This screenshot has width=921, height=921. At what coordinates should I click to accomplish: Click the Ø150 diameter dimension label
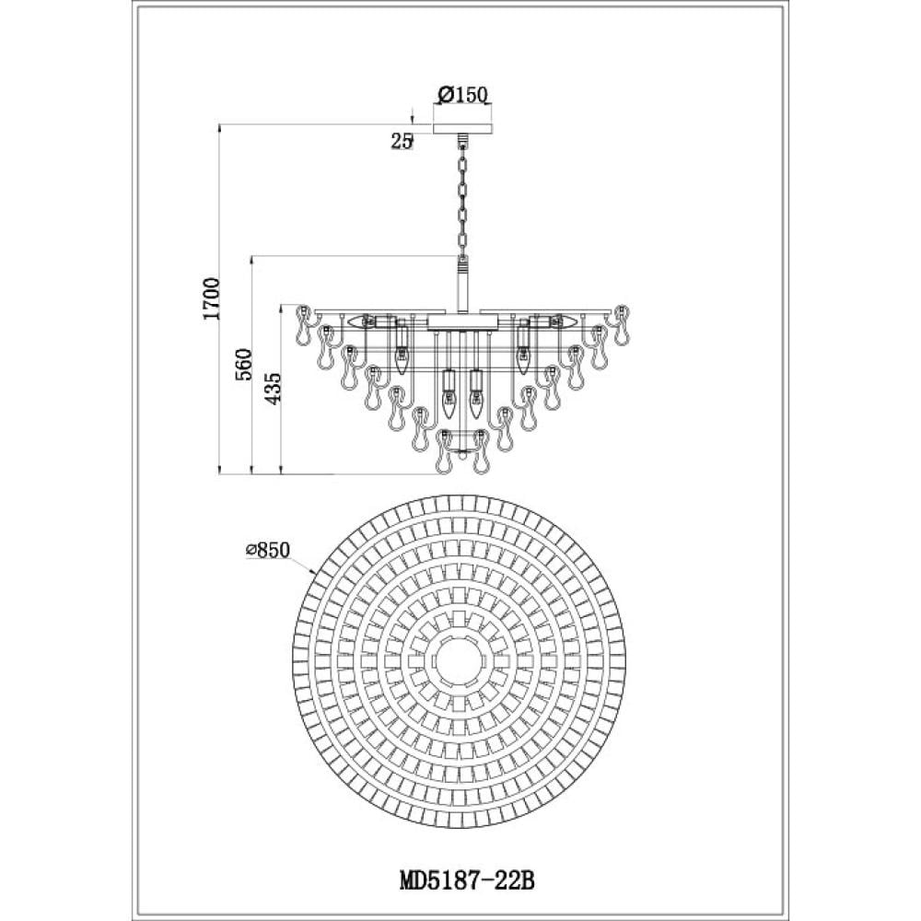[x=463, y=94]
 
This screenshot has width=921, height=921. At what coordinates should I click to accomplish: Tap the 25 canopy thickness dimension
[x=402, y=141]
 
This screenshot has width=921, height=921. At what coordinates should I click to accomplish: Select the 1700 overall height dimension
[x=211, y=298]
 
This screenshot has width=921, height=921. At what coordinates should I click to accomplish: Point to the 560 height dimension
[x=243, y=365]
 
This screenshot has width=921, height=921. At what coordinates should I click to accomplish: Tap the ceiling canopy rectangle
[x=463, y=129]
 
